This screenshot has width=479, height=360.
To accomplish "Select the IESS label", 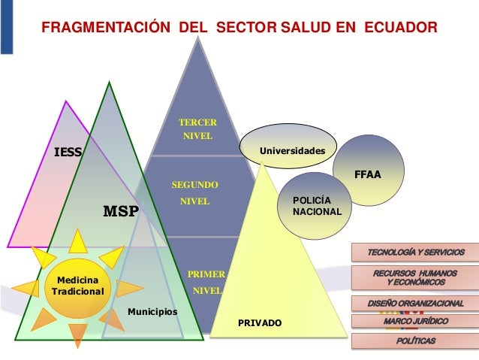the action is click(x=67, y=153).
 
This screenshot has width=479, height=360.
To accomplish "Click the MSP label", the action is click(x=120, y=211).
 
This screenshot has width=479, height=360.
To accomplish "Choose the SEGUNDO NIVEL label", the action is click(x=195, y=192).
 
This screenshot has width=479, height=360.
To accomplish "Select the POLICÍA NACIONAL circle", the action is click(x=321, y=205).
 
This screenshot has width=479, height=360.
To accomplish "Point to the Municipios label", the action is click(x=152, y=310).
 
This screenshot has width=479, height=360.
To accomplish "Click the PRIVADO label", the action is click(x=260, y=322).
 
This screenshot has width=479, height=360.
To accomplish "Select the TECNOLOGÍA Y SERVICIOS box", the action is click(x=415, y=252).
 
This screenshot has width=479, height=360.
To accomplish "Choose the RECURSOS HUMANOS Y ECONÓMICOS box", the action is click(x=415, y=277).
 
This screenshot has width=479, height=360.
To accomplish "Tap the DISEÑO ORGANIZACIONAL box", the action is click(x=415, y=304).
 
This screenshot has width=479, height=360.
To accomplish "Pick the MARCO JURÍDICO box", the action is click(x=415, y=322).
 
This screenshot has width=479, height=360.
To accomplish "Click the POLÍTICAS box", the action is click(x=415, y=340).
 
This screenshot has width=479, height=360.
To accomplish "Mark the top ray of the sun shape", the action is click(x=78, y=241).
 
